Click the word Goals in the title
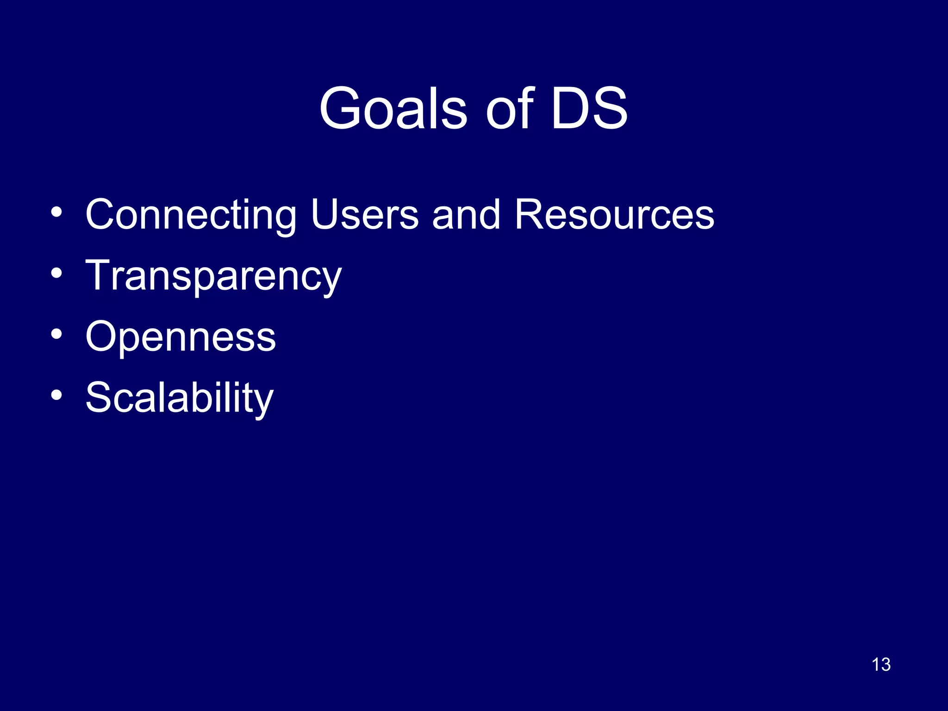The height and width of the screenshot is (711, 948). coord(393,108)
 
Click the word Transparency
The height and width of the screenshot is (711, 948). coord(213,276)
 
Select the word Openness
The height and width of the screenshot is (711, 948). coord(181,337)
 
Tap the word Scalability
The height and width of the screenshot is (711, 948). coord(180,398)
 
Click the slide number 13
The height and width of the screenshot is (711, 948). coord(881,665)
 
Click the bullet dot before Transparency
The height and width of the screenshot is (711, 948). coord(56,273)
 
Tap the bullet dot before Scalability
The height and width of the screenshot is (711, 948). coord(56,395)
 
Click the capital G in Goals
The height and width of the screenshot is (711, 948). coord(340,108)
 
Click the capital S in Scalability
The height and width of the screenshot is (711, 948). coord(99,398)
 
